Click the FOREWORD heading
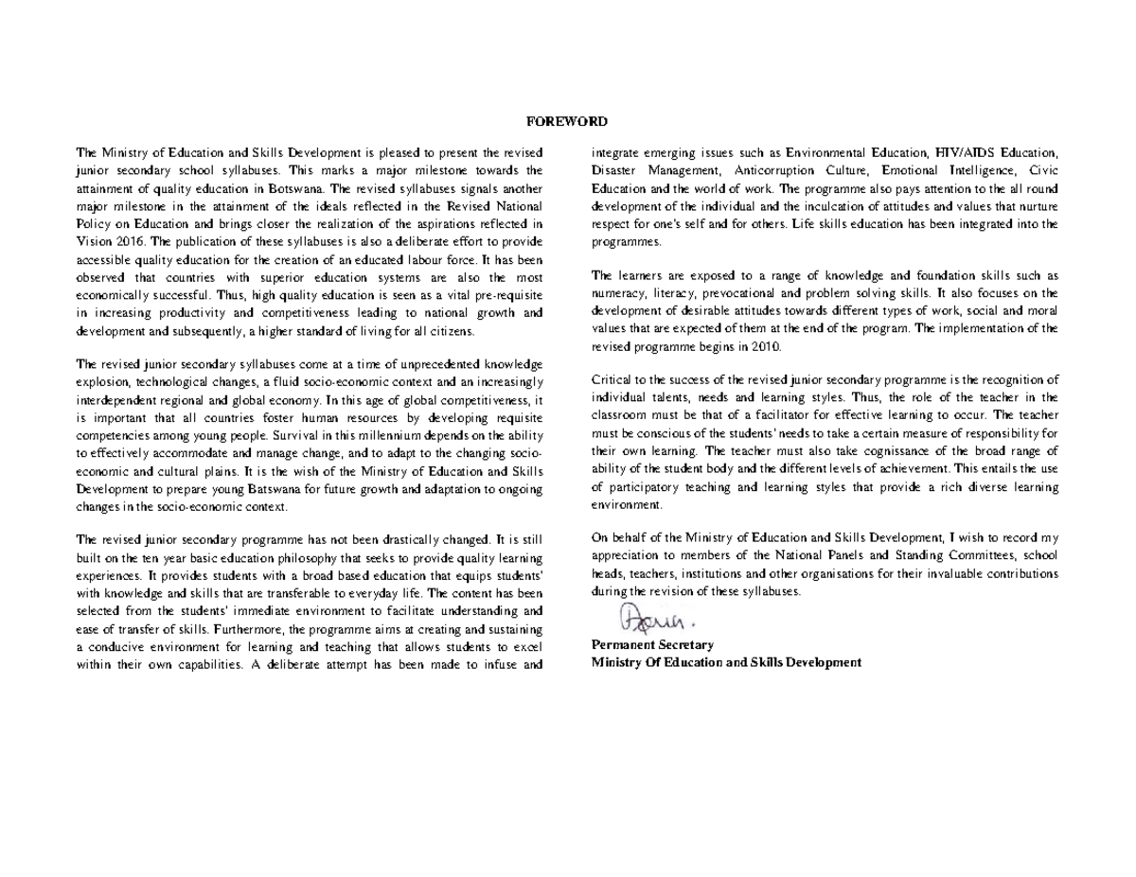pos(567,121)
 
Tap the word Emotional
pos(914,170)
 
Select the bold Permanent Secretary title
pos(652,644)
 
